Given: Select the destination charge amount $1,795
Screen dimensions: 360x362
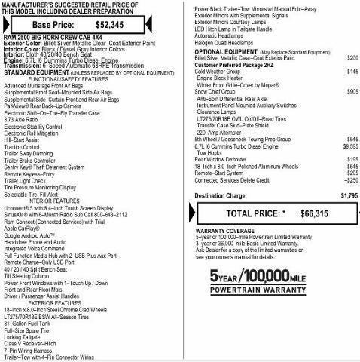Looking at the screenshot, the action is tap(349, 195).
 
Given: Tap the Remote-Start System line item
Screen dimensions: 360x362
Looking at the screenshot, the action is tap(224, 173).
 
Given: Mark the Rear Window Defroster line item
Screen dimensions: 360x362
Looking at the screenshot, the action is tap(225, 159).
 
